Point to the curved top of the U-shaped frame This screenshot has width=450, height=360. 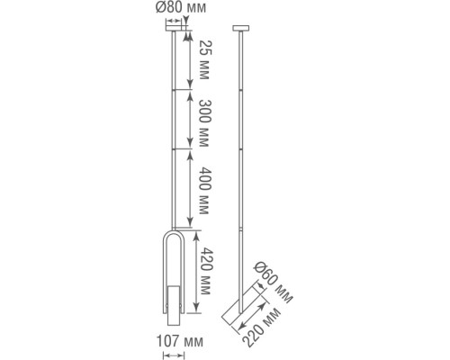[176, 241]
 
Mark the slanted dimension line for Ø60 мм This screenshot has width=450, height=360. [255, 286]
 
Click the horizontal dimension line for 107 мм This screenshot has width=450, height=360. [176, 354]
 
